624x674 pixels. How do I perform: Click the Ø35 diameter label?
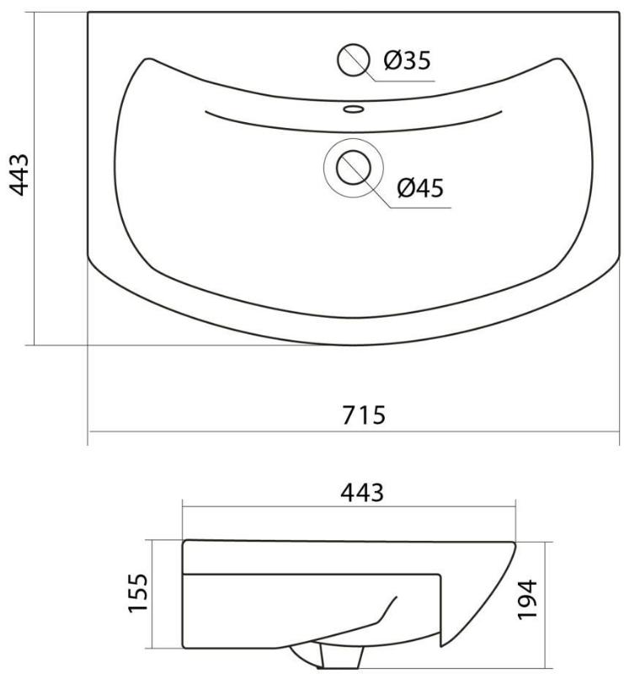click(407, 60)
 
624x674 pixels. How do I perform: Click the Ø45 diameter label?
click(420, 188)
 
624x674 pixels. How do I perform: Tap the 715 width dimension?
click(364, 415)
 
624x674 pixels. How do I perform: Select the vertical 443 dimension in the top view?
click(19, 174)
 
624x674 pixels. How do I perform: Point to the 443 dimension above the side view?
click(362, 493)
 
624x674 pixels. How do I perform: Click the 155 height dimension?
click(138, 592)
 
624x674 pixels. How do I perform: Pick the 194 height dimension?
click(527, 600)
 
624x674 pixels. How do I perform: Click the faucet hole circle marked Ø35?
click(353, 60)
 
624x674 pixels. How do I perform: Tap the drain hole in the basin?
click(353, 168)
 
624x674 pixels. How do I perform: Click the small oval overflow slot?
click(354, 110)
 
